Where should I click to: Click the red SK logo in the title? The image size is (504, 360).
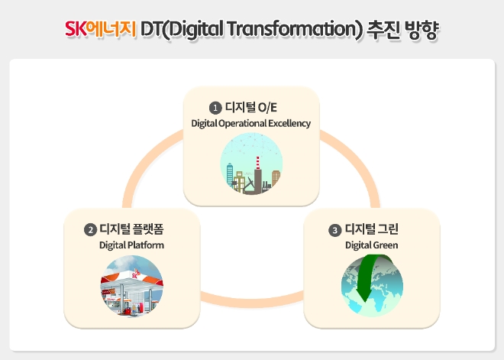click(76, 30)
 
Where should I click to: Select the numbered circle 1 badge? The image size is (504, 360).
click(215, 108)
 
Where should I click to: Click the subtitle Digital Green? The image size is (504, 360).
click(371, 245)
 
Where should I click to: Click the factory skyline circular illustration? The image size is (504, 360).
click(251, 164)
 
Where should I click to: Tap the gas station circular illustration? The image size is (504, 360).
click(131, 286)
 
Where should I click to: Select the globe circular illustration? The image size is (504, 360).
click(372, 286)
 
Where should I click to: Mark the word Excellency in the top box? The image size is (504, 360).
click(288, 123)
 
